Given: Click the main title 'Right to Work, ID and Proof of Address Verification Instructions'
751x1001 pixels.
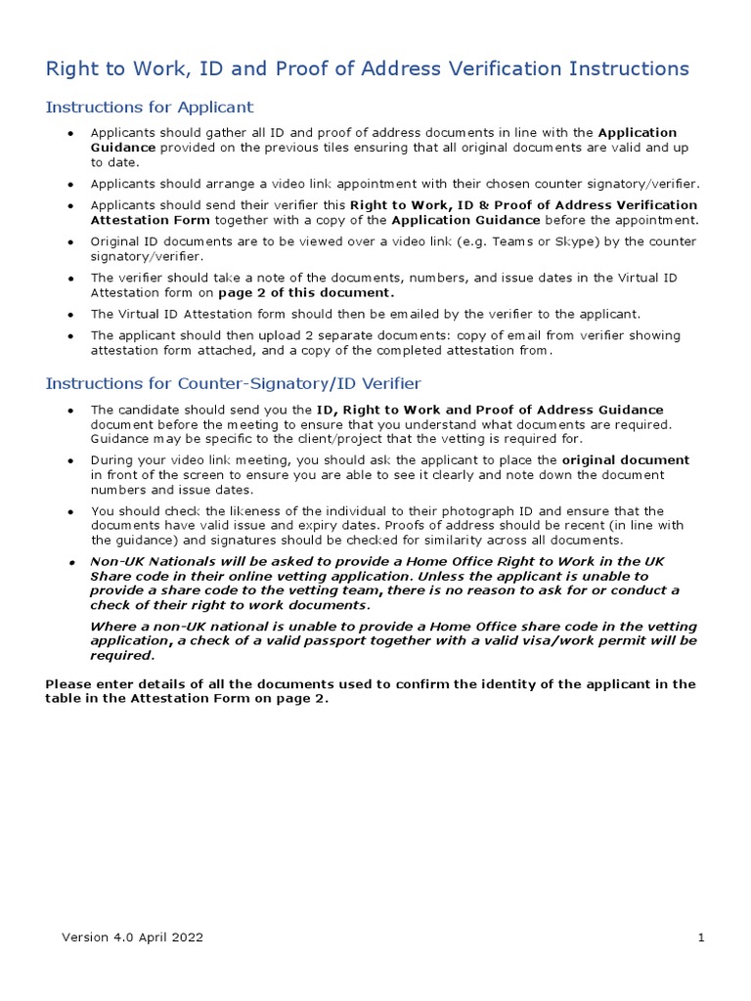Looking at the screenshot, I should coord(367,68).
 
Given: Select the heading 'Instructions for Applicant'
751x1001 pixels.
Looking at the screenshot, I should coord(150,107).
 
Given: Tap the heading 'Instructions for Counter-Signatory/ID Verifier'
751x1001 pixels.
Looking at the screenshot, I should coord(234,383).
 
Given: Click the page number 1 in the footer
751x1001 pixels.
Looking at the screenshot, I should coord(701,937).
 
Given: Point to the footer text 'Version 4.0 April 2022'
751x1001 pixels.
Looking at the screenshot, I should coord(132,937).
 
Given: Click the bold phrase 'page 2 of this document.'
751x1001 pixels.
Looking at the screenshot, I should coord(307,292).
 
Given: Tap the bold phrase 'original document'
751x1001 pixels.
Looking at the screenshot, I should coord(626,459).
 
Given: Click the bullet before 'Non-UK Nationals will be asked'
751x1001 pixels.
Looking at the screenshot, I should coord(71,562).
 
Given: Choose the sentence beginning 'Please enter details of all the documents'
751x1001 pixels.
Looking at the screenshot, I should coord(371,691).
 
